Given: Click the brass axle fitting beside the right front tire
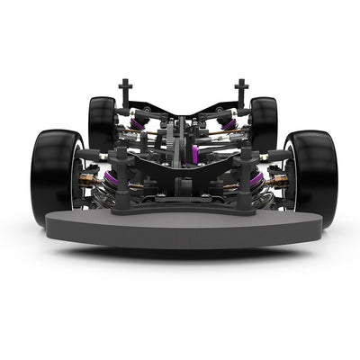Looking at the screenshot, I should [x=277, y=182].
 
